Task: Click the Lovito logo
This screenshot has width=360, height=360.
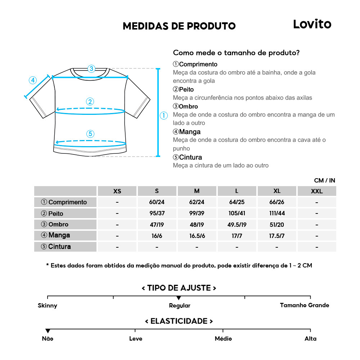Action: click(x=312, y=24)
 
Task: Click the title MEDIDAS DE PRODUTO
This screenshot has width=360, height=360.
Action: click(x=179, y=26)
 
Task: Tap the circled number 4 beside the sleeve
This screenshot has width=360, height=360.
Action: click(x=33, y=80)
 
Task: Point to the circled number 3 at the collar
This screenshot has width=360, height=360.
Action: click(x=91, y=68)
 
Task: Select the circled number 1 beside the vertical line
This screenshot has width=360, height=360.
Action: click(x=163, y=116)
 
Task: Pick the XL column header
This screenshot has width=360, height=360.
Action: click(x=276, y=191)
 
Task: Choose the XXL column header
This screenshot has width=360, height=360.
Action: click(x=316, y=191)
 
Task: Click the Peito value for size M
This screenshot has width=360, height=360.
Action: click(x=197, y=213)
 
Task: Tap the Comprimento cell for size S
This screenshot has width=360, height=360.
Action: click(x=157, y=202)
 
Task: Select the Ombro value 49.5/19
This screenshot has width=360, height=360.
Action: click(x=237, y=225)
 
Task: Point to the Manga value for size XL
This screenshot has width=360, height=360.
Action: click(x=276, y=236)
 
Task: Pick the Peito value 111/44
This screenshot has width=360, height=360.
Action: click(x=276, y=213)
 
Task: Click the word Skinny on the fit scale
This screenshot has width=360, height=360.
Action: click(x=48, y=306)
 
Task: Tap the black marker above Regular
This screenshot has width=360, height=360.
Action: click(x=179, y=298)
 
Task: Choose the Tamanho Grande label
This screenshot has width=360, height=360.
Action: click(x=305, y=305)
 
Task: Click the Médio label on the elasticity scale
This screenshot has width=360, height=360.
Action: click(x=223, y=339)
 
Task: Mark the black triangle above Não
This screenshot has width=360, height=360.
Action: click(x=48, y=331)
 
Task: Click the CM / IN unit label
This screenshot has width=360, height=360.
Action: click(x=324, y=180)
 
